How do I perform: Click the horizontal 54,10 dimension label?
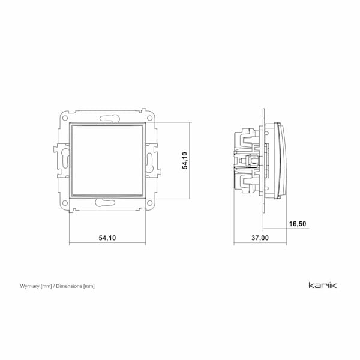pos(107,238)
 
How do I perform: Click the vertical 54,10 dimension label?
pos(185,160)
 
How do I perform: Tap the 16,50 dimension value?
pos(298,224)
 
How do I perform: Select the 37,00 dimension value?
pos(260,238)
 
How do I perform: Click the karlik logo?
pos(323,286)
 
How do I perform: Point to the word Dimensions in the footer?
pos(69,286)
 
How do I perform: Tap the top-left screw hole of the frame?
pos(65,118)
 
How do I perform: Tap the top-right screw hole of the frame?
pos(149,118)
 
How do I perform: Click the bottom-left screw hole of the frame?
pos(65,203)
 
